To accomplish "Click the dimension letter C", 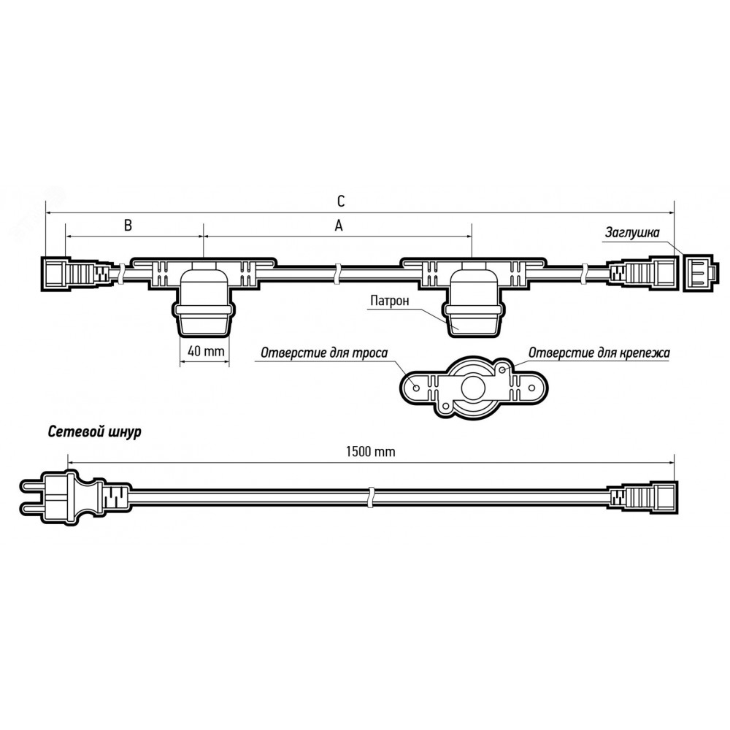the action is [x=341, y=201].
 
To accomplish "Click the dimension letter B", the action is [x=128, y=226].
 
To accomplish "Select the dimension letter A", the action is [x=339, y=226].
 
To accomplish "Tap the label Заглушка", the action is [x=632, y=232].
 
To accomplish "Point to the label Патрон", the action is [x=390, y=301].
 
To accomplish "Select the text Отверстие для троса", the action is [x=324, y=353].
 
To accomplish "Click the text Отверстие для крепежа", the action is [x=599, y=353].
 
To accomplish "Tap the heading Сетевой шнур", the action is [x=94, y=432].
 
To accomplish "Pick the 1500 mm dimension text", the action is [x=371, y=451].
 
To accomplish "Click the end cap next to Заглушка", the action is [x=698, y=273].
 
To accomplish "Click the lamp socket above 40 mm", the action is [x=203, y=297].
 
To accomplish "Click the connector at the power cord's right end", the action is [x=642, y=497].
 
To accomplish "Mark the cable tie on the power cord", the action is [x=371, y=498].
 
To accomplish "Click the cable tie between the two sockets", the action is [x=337, y=274].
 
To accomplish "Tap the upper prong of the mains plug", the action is [x=33, y=487].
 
